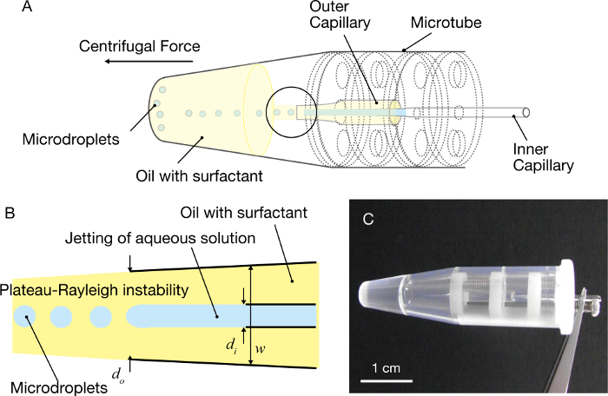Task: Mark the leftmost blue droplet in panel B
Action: tap(23, 317)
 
